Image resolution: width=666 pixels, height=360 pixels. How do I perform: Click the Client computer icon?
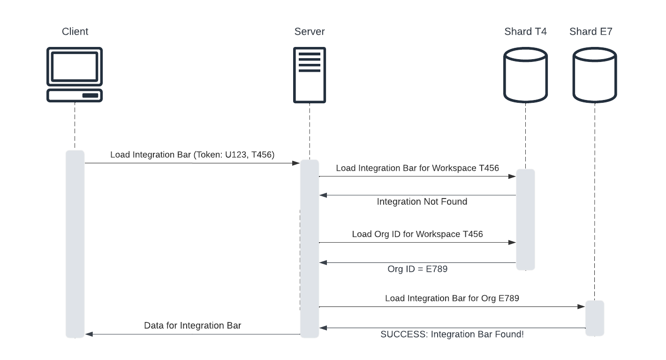click(x=75, y=75)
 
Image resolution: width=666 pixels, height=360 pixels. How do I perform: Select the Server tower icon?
click(x=310, y=75)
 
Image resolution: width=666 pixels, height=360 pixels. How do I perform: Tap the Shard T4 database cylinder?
click(x=525, y=75)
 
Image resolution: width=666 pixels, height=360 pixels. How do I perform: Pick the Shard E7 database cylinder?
click(x=595, y=75)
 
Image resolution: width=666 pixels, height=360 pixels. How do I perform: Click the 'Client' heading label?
click(x=75, y=31)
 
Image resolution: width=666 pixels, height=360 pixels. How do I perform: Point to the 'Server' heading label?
click(x=310, y=31)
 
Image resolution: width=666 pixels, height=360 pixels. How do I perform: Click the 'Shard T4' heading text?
click(x=525, y=31)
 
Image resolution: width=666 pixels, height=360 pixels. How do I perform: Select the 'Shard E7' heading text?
click(x=591, y=31)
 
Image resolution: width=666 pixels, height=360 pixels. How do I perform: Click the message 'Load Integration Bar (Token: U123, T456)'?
click(x=192, y=154)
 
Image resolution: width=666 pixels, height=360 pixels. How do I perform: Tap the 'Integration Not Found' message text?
click(x=422, y=202)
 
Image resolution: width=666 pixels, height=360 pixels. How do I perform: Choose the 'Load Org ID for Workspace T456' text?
click(x=417, y=234)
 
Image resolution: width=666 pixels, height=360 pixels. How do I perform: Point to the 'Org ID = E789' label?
click(x=417, y=269)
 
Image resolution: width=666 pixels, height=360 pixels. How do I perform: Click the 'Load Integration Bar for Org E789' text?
click(x=452, y=298)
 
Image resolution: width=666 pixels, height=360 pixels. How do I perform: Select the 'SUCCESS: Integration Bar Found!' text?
click(x=452, y=334)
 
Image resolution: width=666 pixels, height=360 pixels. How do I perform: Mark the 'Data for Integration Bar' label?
click(x=192, y=325)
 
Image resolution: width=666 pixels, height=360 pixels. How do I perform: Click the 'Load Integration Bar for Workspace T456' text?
click(x=417, y=168)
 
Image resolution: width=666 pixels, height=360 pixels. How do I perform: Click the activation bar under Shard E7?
click(x=595, y=318)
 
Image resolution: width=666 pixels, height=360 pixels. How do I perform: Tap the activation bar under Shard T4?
click(x=525, y=219)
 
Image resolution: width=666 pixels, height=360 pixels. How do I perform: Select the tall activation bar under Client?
click(x=75, y=244)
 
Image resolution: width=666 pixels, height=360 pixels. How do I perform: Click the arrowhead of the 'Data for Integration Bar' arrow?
click(x=89, y=334)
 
